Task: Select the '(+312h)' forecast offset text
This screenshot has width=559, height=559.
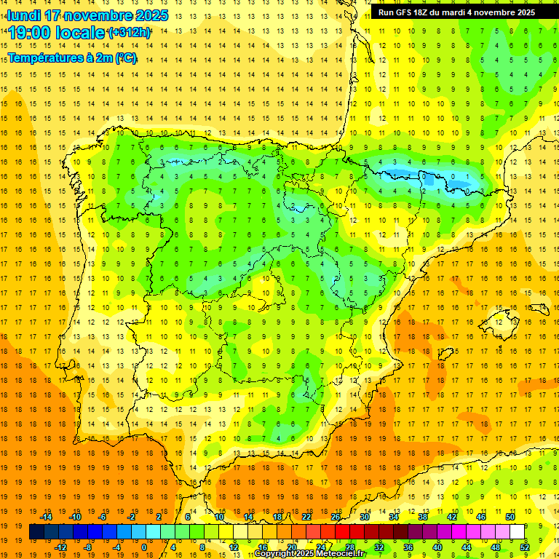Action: (130, 33)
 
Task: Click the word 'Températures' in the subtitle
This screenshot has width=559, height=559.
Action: (46, 58)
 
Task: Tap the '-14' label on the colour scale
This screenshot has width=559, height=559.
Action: (46, 517)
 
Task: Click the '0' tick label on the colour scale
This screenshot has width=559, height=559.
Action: (144, 547)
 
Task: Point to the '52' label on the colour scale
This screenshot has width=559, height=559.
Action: (525, 547)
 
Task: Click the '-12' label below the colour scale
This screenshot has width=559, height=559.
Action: (60, 547)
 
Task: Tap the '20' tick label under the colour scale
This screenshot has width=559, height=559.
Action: (291, 547)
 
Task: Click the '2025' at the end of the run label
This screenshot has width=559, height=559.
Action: (524, 12)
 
